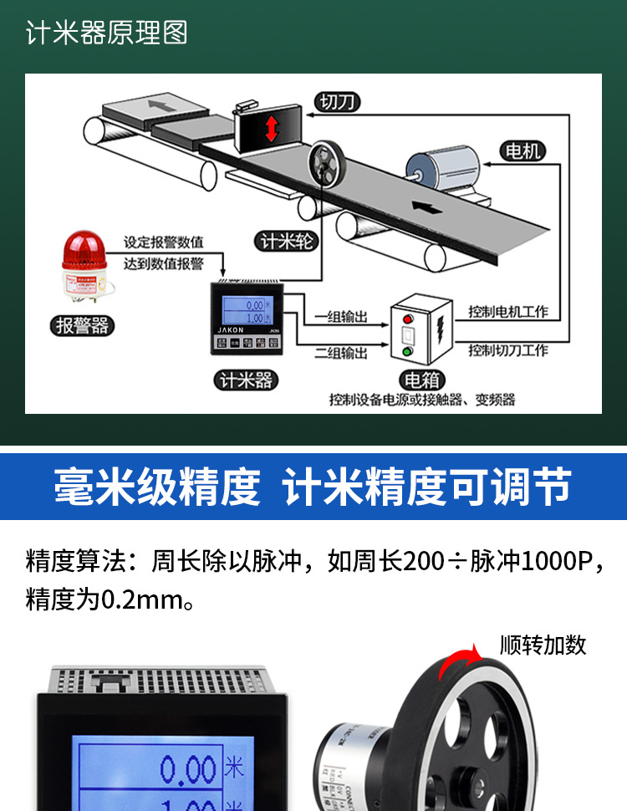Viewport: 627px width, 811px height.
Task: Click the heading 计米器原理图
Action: pos(106,33)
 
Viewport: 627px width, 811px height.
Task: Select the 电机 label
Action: pos(523,150)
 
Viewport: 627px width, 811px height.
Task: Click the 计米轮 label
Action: pos(285,242)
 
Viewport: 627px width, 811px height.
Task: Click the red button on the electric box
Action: pos(408,319)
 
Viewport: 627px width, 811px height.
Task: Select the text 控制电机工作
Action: pos(508,311)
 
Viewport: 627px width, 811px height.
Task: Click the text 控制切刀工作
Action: pos(508,349)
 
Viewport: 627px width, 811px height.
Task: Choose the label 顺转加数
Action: pos(543,645)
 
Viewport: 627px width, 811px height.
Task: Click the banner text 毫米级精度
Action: pos(158,487)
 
